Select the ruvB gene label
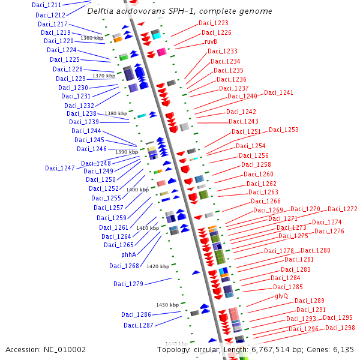pos(211,42)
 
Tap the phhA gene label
pos(129,254)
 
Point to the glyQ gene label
pos(281,296)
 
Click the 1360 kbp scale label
pos(92,38)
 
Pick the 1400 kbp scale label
pos(137,190)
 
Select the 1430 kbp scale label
pos(167,305)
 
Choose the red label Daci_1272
pos(343,209)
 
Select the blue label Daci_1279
pos(128,284)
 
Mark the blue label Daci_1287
pos(139,325)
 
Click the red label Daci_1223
pos(214,23)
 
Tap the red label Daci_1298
pos(340,328)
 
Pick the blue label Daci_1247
pos(60,168)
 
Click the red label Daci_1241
pos(279,93)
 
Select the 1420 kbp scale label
pos(158,266)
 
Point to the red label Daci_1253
pos(284,130)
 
